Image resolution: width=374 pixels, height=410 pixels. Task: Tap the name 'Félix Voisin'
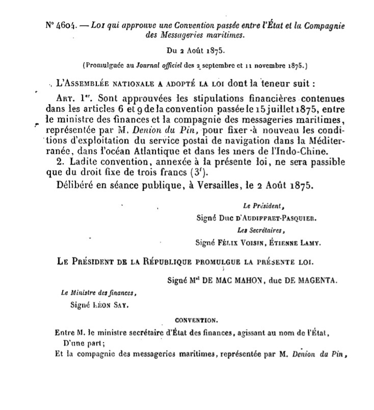point(239,243)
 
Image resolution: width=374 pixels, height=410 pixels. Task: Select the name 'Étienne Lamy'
point(290,243)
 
